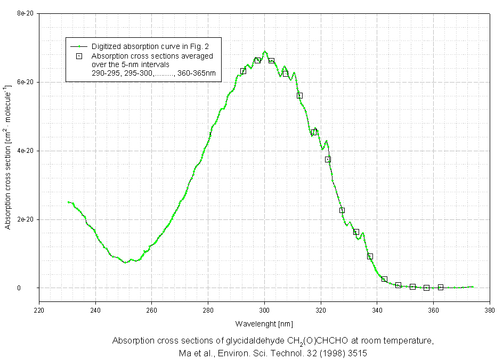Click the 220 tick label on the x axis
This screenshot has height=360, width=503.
39,309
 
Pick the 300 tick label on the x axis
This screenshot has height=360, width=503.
265,309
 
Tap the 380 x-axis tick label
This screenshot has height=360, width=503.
490,309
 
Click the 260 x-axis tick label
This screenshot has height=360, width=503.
152,309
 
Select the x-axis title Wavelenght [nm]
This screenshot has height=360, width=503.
264,324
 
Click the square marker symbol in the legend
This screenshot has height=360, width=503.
78,55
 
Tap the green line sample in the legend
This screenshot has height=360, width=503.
78,46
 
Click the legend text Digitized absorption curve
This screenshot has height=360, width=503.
142,46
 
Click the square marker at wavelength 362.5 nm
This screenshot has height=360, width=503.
441,287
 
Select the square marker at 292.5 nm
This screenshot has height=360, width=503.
244,71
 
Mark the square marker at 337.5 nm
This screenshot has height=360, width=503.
370,256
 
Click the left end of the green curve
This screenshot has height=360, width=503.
69,202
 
